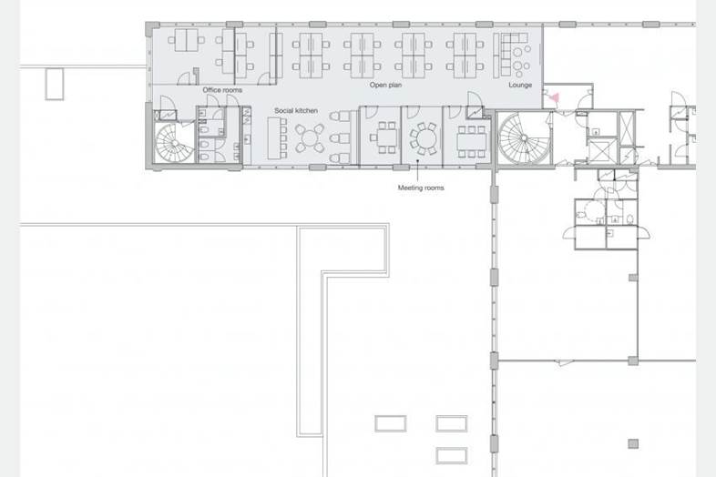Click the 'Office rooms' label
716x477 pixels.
pos(222,90)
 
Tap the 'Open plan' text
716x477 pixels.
pos(386,85)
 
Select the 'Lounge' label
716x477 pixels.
pos(520,85)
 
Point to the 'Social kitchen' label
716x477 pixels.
pos(296,110)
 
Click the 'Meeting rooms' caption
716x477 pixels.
pos(421,188)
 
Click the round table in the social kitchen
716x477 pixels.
pos(310,137)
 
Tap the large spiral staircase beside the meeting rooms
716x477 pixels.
pos(523,138)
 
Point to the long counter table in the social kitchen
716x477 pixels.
pos(274,138)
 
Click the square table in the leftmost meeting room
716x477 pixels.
pos(387,137)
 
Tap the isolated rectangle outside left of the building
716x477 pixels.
pos(55,85)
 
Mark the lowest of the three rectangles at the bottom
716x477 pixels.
pos(452,455)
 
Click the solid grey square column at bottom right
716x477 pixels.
pos(633,443)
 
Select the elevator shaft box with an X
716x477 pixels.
pos(602,150)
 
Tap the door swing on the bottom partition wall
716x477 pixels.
pos(564,363)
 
